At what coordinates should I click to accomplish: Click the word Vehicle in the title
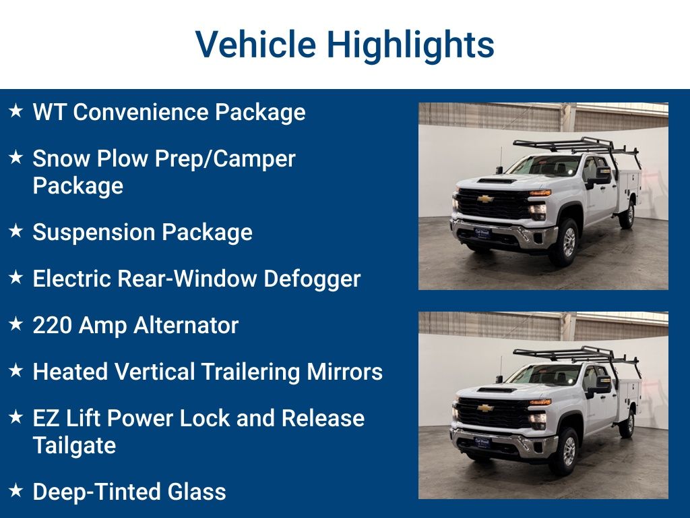[x=255, y=45]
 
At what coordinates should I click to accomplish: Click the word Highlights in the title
[x=410, y=45]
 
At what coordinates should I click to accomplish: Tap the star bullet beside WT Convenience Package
[x=16, y=110]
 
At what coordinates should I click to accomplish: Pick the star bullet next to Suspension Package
[x=16, y=231]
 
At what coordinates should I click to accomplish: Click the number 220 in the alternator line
[x=53, y=325]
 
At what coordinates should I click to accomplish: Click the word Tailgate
[x=74, y=445]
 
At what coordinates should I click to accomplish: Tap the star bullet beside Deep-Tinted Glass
[x=16, y=490]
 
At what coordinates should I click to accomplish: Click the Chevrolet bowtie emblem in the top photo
[x=485, y=198]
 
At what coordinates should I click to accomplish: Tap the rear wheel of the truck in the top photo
[x=627, y=216]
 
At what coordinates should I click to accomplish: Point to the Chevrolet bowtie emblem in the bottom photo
[x=485, y=407]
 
